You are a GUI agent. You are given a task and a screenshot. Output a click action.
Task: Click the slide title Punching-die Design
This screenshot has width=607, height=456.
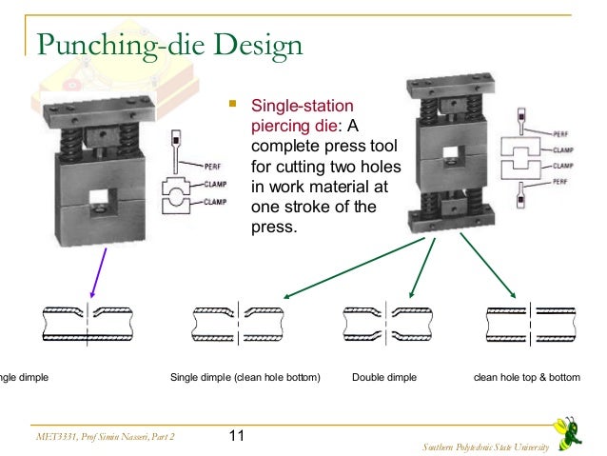(169, 44)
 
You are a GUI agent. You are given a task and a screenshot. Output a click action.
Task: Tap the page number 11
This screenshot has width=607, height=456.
(237, 436)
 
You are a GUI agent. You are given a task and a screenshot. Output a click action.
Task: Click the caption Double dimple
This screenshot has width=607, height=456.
(383, 378)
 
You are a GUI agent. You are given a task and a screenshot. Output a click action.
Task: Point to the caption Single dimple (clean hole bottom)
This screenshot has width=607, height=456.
(245, 378)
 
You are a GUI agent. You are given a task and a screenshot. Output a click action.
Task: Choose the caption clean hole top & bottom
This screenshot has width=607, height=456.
(526, 378)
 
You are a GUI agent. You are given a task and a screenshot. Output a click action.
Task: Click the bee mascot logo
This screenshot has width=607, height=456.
(573, 426)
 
